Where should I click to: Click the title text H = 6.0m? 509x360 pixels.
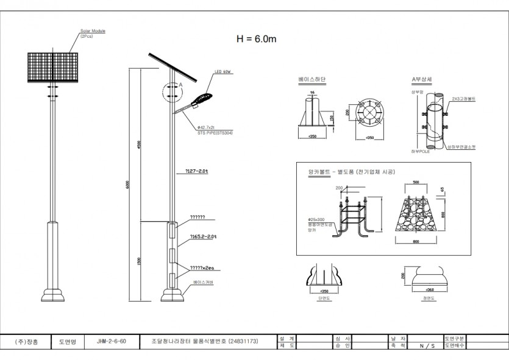257,39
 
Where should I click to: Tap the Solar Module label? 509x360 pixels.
93,31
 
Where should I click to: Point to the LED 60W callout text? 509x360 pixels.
222,72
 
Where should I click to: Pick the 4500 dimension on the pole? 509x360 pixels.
140,146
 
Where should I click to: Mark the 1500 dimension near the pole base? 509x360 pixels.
140,261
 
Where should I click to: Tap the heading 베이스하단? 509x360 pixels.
311,80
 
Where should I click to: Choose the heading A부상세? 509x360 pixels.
422,80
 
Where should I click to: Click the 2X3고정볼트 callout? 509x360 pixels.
463,98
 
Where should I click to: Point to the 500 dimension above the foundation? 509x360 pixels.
416,182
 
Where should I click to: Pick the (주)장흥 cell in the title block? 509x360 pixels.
27,342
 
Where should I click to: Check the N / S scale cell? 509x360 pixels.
427,345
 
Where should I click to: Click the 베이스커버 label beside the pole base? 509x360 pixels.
202,283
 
